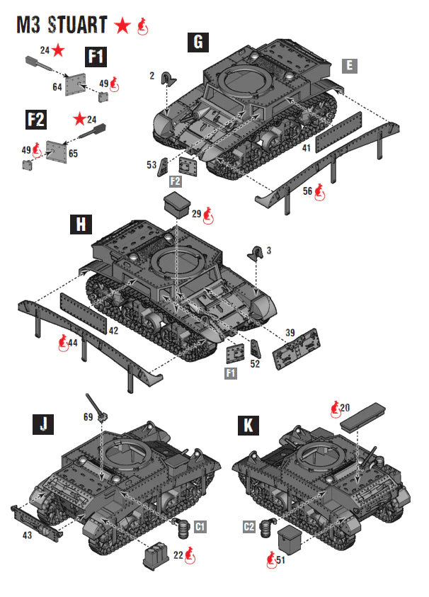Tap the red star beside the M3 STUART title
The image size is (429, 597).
(x=122, y=26)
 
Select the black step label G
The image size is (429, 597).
(x=198, y=42)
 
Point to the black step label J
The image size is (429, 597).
(x=43, y=425)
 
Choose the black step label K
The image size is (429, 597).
(x=248, y=425)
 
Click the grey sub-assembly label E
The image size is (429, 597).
(x=348, y=66)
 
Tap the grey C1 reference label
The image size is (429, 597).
(x=200, y=526)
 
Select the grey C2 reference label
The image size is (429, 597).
(x=248, y=526)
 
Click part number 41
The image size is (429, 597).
(x=307, y=148)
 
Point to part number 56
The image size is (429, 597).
(x=307, y=190)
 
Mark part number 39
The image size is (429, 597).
(x=290, y=333)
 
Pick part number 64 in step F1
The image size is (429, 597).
(x=57, y=86)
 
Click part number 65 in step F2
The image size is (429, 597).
(x=73, y=152)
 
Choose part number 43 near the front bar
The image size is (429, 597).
(x=26, y=535)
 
